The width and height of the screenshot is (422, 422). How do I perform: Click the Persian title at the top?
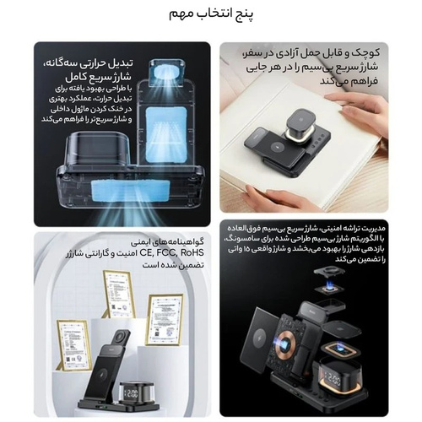point(211,14)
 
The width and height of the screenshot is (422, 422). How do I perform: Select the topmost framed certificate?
point(119,295)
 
